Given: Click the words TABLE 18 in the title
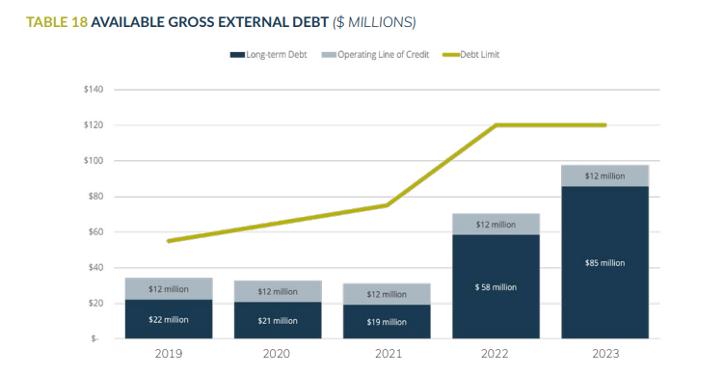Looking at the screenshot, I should coord(48,20).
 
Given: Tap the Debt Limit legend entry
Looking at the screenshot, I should coord(478,55).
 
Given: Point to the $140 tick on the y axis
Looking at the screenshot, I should coord(94,90).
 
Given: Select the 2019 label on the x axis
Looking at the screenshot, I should coord(169,354).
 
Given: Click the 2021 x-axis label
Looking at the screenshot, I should coord(387,354).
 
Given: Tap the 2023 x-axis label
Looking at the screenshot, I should coord(604,354).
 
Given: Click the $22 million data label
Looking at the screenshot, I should coord(169,320).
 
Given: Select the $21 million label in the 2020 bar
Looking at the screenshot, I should coord(278,320).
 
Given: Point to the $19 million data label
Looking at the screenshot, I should coord(387,320).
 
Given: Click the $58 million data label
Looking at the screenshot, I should coord(496,286).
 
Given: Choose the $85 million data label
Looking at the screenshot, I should coord(604,262).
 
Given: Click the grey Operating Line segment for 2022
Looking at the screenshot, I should coord(496,224).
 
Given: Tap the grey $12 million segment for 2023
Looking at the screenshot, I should coord(604,175).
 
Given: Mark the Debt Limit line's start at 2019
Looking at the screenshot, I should coord(169,241).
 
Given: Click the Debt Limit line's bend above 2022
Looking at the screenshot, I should coord(496,125).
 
